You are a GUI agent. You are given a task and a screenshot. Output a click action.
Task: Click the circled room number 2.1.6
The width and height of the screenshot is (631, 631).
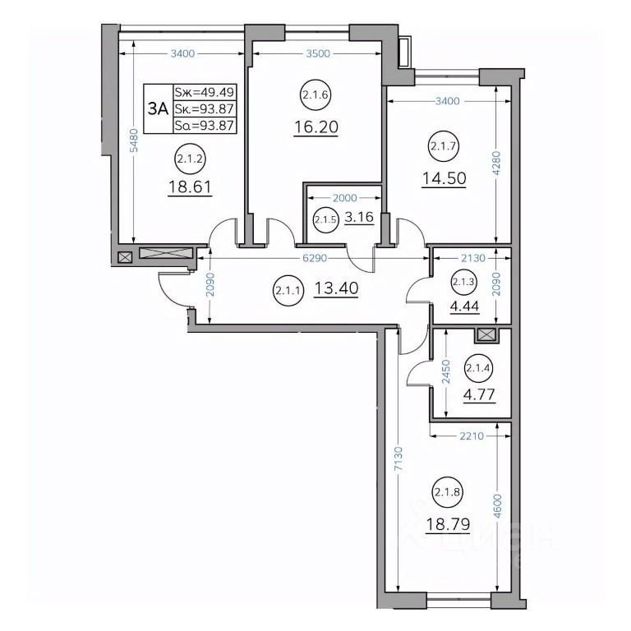pos(315,95)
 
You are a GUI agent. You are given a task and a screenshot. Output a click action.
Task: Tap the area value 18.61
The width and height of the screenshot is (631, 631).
pos(190,187)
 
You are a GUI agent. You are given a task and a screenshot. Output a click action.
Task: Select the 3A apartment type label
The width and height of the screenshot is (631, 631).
pos(158,108)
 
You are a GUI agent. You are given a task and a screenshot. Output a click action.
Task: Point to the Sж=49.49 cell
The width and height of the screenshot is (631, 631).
pos(204,92)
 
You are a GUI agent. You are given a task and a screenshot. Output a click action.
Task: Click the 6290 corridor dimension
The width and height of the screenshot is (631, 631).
pos(315,258)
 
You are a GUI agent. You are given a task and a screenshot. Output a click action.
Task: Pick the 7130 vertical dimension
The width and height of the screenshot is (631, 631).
pos(398,458)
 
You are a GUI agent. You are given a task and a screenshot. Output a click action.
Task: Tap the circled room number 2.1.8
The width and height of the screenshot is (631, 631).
pos(448,491)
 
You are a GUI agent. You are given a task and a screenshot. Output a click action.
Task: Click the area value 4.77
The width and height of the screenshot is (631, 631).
pos(479,394)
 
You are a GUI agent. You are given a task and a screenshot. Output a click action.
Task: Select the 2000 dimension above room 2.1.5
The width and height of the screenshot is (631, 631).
pos(344,197)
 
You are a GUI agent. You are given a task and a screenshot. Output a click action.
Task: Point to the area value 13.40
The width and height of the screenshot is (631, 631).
pos(336,288)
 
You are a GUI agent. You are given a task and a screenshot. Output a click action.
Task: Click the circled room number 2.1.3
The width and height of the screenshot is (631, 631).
pos(463,282)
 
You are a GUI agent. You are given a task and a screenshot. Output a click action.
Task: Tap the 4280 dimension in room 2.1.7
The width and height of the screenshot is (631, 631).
pos(496,163)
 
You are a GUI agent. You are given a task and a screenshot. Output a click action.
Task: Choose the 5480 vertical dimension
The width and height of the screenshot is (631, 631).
pos(135,140)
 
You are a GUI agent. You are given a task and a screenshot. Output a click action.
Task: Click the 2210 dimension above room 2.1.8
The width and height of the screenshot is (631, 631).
pos(472,435)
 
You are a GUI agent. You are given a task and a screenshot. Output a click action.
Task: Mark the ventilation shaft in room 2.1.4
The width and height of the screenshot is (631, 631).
pos(486,335)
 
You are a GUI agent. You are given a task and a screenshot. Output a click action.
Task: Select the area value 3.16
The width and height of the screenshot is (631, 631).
pos(359,217)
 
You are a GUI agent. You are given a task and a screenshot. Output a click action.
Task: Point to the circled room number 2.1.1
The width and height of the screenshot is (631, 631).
pos(288,290)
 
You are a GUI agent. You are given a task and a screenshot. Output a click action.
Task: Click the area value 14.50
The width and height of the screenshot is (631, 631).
pos(444,177)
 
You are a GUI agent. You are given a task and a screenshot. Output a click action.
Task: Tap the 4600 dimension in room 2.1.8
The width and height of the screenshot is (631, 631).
pos(498,507)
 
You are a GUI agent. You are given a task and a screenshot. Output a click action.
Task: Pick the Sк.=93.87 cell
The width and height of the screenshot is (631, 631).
pos(204,108)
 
